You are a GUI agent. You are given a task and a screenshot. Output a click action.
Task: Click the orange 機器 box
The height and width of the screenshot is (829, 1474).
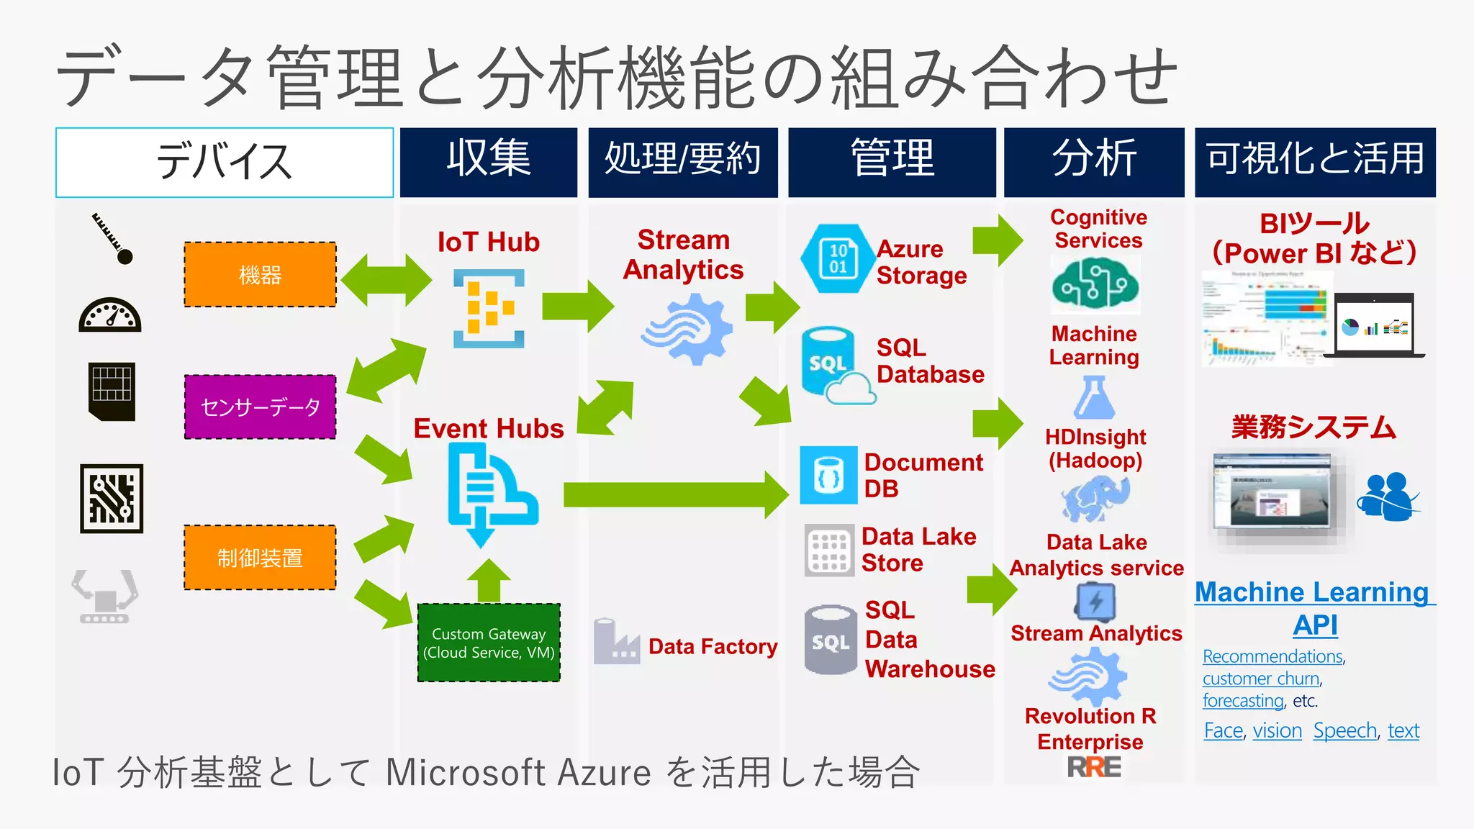pyautogui.click(x=260, y=275)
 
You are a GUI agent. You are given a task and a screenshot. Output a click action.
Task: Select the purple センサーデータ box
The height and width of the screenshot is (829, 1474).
pyautogui.click(x=260, y=407)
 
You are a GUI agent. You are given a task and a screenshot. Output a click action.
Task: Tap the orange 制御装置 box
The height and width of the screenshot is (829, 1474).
pyautogui.click(x=260, y=558)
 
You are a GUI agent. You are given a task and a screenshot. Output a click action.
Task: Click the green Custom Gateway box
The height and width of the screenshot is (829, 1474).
pyautogui.click(x=489, y=643)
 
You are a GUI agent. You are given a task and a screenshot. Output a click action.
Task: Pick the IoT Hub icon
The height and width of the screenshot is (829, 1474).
pyautogui.click(x=489, y=309)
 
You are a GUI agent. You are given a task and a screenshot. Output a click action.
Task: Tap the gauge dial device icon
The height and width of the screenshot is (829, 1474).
pyautogui.click(x=110, y=315)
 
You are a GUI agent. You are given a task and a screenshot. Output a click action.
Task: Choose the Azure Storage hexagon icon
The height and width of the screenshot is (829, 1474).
pyautogui.click(x=837, y=258)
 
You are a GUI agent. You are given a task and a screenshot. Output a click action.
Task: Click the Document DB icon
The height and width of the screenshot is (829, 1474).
pyautogui.click(x=828, y=475)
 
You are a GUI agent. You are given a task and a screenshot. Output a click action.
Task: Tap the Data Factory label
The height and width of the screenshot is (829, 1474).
pyautogui.click(x=713, y=646)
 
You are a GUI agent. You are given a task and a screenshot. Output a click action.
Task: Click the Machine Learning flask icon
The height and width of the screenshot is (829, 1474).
pyautogui.click(x=1094, y=398)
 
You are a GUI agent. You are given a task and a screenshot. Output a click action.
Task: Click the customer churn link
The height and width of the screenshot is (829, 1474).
pyautogui.click(x=1261, y=679)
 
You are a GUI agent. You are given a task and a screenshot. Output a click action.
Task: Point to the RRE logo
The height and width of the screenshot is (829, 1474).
pyautogui.click(x=1094, y=767)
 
